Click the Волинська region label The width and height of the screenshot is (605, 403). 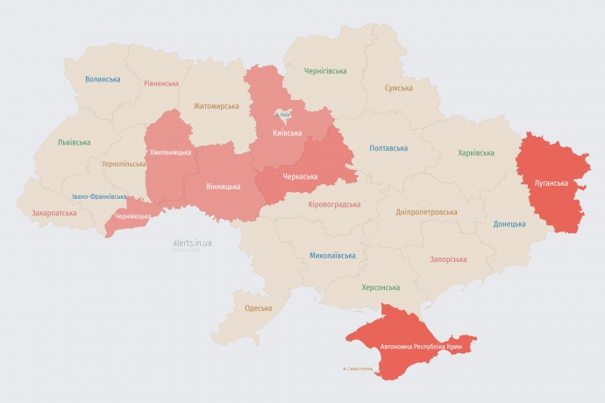coord(103,79)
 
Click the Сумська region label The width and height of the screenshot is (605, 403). coord(399,88)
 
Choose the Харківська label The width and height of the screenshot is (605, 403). coord(475,153)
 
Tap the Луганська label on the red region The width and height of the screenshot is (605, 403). coord(551,183)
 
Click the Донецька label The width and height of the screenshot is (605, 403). coord(509,223)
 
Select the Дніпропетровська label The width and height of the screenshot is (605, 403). coord(426,212)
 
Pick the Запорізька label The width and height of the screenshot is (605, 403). coord(448,259)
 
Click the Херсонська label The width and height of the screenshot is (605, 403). coord(381,287)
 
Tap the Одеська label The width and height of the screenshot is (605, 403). coord(258,308)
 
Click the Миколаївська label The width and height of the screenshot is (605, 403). coord(332,256)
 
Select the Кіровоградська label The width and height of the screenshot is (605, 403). coord(334,204)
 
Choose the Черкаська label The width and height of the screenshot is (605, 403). coord(300,176)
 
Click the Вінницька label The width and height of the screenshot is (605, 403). coord(223,187)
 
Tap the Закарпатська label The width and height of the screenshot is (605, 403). coord(53,212)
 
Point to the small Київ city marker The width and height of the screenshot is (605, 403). coord(285,114)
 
